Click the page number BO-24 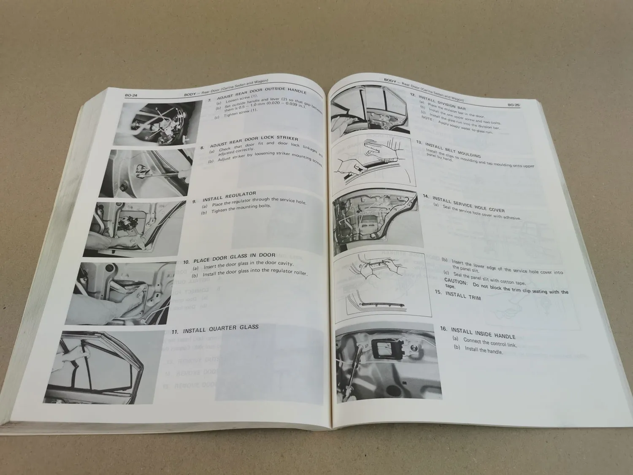click(131, 96)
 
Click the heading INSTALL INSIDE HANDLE click(483, 333)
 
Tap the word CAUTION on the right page click(456, 282)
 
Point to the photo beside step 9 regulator click(135, 228)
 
